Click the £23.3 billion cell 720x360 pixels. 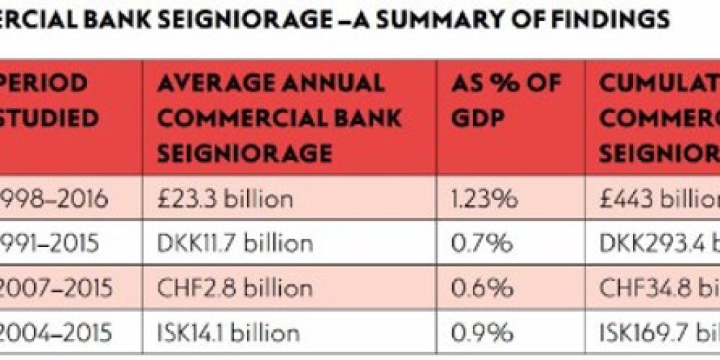click(x=225, y=199)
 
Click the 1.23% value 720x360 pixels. click(x=485, y=199)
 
